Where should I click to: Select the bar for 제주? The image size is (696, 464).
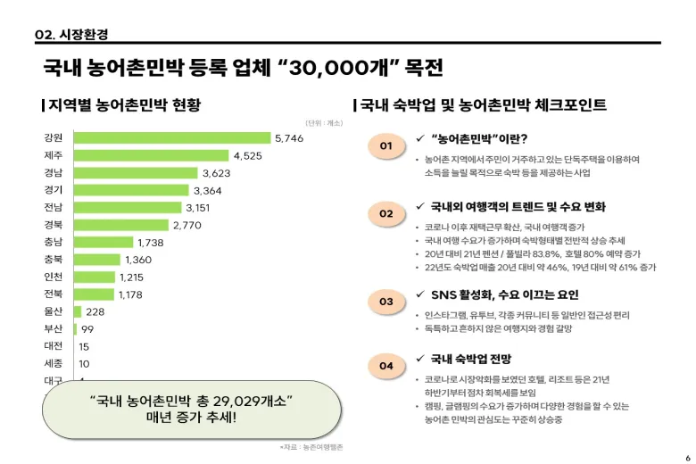click(x=151, y=155)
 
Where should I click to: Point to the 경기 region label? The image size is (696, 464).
click(x=53, y=190)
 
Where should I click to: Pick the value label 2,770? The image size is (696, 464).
click(x=187, y=225)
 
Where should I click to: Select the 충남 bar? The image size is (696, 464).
click(x=103, y=242)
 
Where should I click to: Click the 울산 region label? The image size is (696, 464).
click(x=53, y=311)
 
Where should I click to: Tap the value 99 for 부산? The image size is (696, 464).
click(x=87, y=329)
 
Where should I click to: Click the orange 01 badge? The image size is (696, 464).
click(x=385, y=145)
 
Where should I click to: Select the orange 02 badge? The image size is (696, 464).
click(x=385, y=214)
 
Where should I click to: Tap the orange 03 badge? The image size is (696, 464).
click(x=385, y=302)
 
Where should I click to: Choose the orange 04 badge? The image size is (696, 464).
click(x=385, y=366)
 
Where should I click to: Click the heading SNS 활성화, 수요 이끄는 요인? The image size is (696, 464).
click(x=504, y=294)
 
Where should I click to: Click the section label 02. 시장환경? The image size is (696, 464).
click(x=71, y=34)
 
